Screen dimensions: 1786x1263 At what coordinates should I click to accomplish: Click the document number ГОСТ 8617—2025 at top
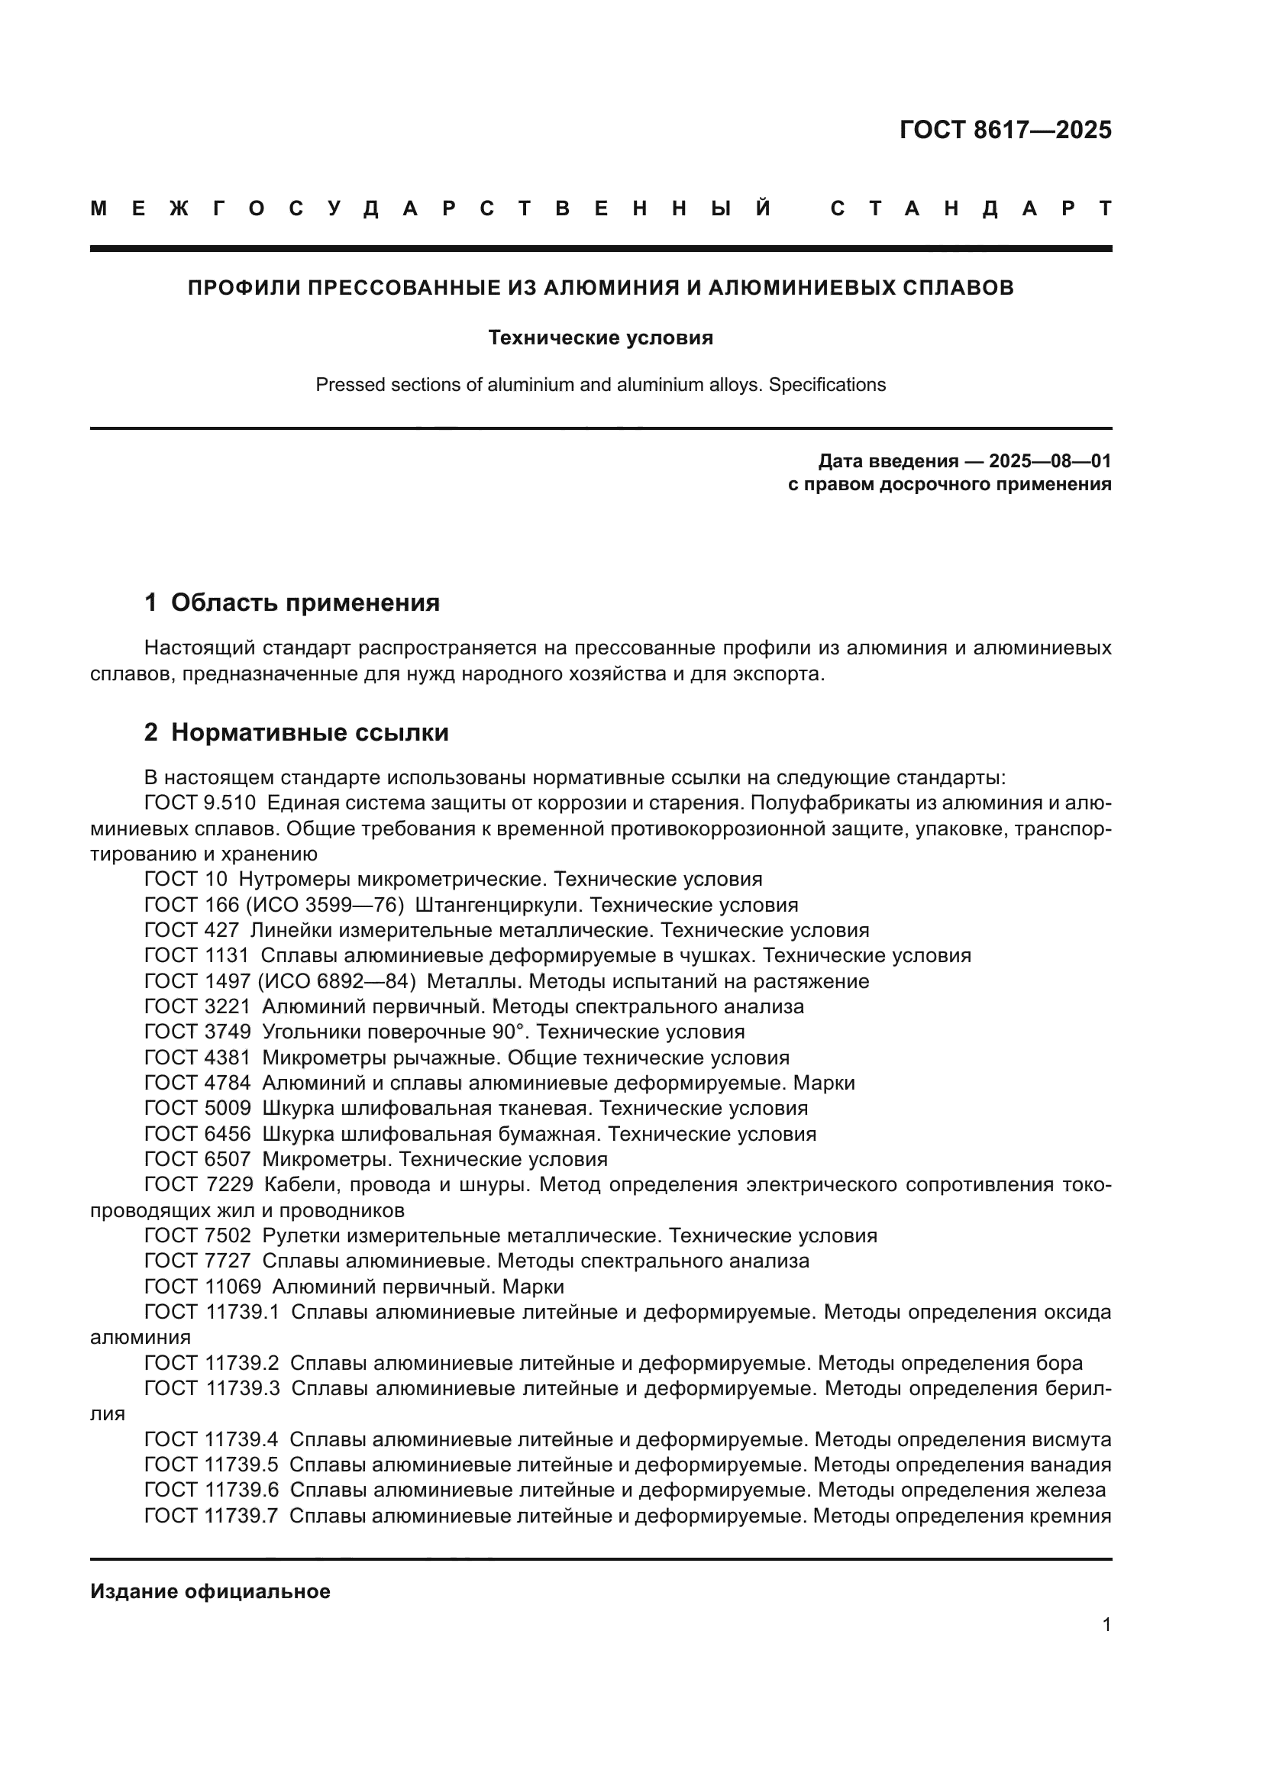pyautogui.click(x=1005, y=130)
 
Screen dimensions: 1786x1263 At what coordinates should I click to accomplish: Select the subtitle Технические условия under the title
pyautogui.click(x=600, y=337)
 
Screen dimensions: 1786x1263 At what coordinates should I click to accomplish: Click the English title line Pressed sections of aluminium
pyautogui.click(x=600, y=385)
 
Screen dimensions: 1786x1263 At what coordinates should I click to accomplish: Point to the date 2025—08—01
pyautogui.click(x=1050, y=461)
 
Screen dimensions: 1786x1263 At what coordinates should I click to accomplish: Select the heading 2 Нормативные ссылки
pyautogui.click(x=296, y=732)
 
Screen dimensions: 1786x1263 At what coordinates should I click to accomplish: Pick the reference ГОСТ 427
pyautogui.click(x=192, y=930)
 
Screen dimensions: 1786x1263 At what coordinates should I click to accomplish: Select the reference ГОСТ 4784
pyautogui.click(x=198, y=1083)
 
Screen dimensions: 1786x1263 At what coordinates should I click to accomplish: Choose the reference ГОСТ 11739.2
pyautogui.click(x=212, y=1363)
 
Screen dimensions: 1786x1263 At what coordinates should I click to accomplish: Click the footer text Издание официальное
pyautogui.click(x=210, y=1591)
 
